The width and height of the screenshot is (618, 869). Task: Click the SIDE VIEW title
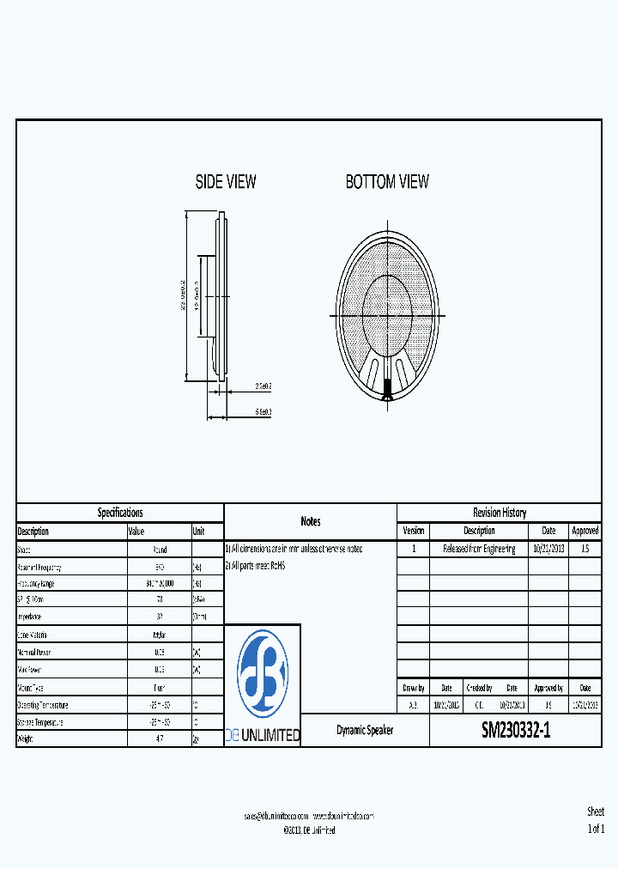point(226,182)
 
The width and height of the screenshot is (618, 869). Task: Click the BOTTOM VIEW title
point(387,182)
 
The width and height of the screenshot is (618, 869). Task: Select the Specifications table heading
point(120,513)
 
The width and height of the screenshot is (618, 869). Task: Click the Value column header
point(137,532)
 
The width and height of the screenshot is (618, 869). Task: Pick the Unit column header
point(199,532)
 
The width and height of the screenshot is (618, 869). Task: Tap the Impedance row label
point(30,617)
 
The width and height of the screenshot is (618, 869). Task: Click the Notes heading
point(311,521)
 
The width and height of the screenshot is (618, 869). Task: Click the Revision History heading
point(500,513)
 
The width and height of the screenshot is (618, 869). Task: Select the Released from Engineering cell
point(479,549)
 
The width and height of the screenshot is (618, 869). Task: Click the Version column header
point(414,531)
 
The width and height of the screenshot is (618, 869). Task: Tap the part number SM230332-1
point(515,730)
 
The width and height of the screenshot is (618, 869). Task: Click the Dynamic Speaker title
point(365,730)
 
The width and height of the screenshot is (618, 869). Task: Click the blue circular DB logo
point(263,674)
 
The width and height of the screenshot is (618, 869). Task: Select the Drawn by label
point(413,688)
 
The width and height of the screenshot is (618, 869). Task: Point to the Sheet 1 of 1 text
point(596,820)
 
